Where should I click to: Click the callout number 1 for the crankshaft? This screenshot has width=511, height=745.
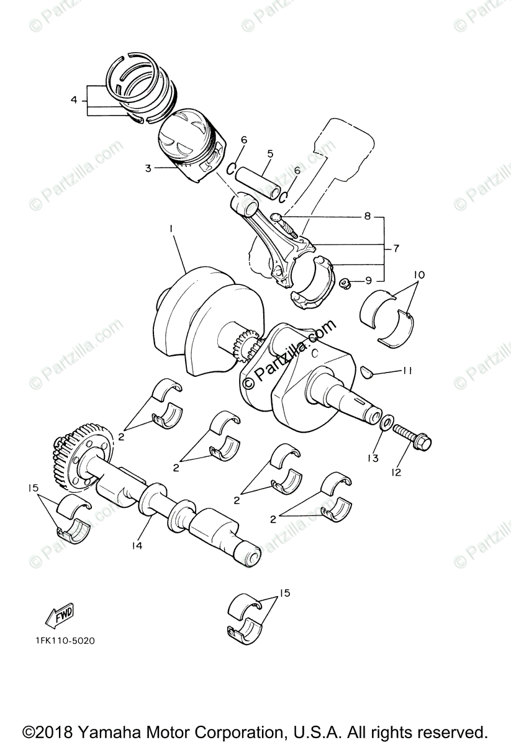coord(171,228)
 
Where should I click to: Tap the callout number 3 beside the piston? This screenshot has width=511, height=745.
coord(148,168)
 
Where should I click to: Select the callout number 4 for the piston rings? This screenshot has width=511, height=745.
coord(74,99)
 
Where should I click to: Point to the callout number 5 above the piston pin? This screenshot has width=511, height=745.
coord(270,153)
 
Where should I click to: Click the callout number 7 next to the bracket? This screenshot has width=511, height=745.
coord(396,248)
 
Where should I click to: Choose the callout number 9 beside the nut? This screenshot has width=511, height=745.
coord(369,281)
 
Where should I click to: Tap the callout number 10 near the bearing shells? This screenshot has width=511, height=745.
coord(418,274)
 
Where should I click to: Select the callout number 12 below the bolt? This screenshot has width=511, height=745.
coord(396,472)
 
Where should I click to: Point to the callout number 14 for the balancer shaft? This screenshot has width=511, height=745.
coord(137,545)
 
